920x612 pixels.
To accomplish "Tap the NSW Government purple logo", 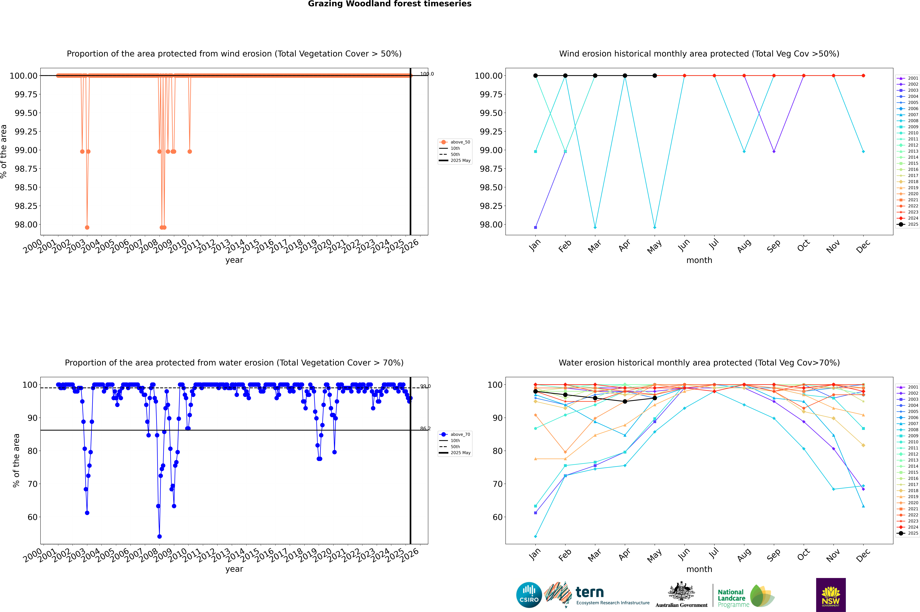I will coord(831,595).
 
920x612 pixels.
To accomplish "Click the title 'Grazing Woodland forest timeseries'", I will coord(390,4).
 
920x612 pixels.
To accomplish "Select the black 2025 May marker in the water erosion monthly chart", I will coord(655,398).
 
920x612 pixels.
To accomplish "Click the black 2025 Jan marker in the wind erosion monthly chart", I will coord(535,76).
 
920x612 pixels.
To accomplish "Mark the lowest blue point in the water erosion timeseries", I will coord(159,537).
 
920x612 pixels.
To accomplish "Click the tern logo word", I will coord(590,593).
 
